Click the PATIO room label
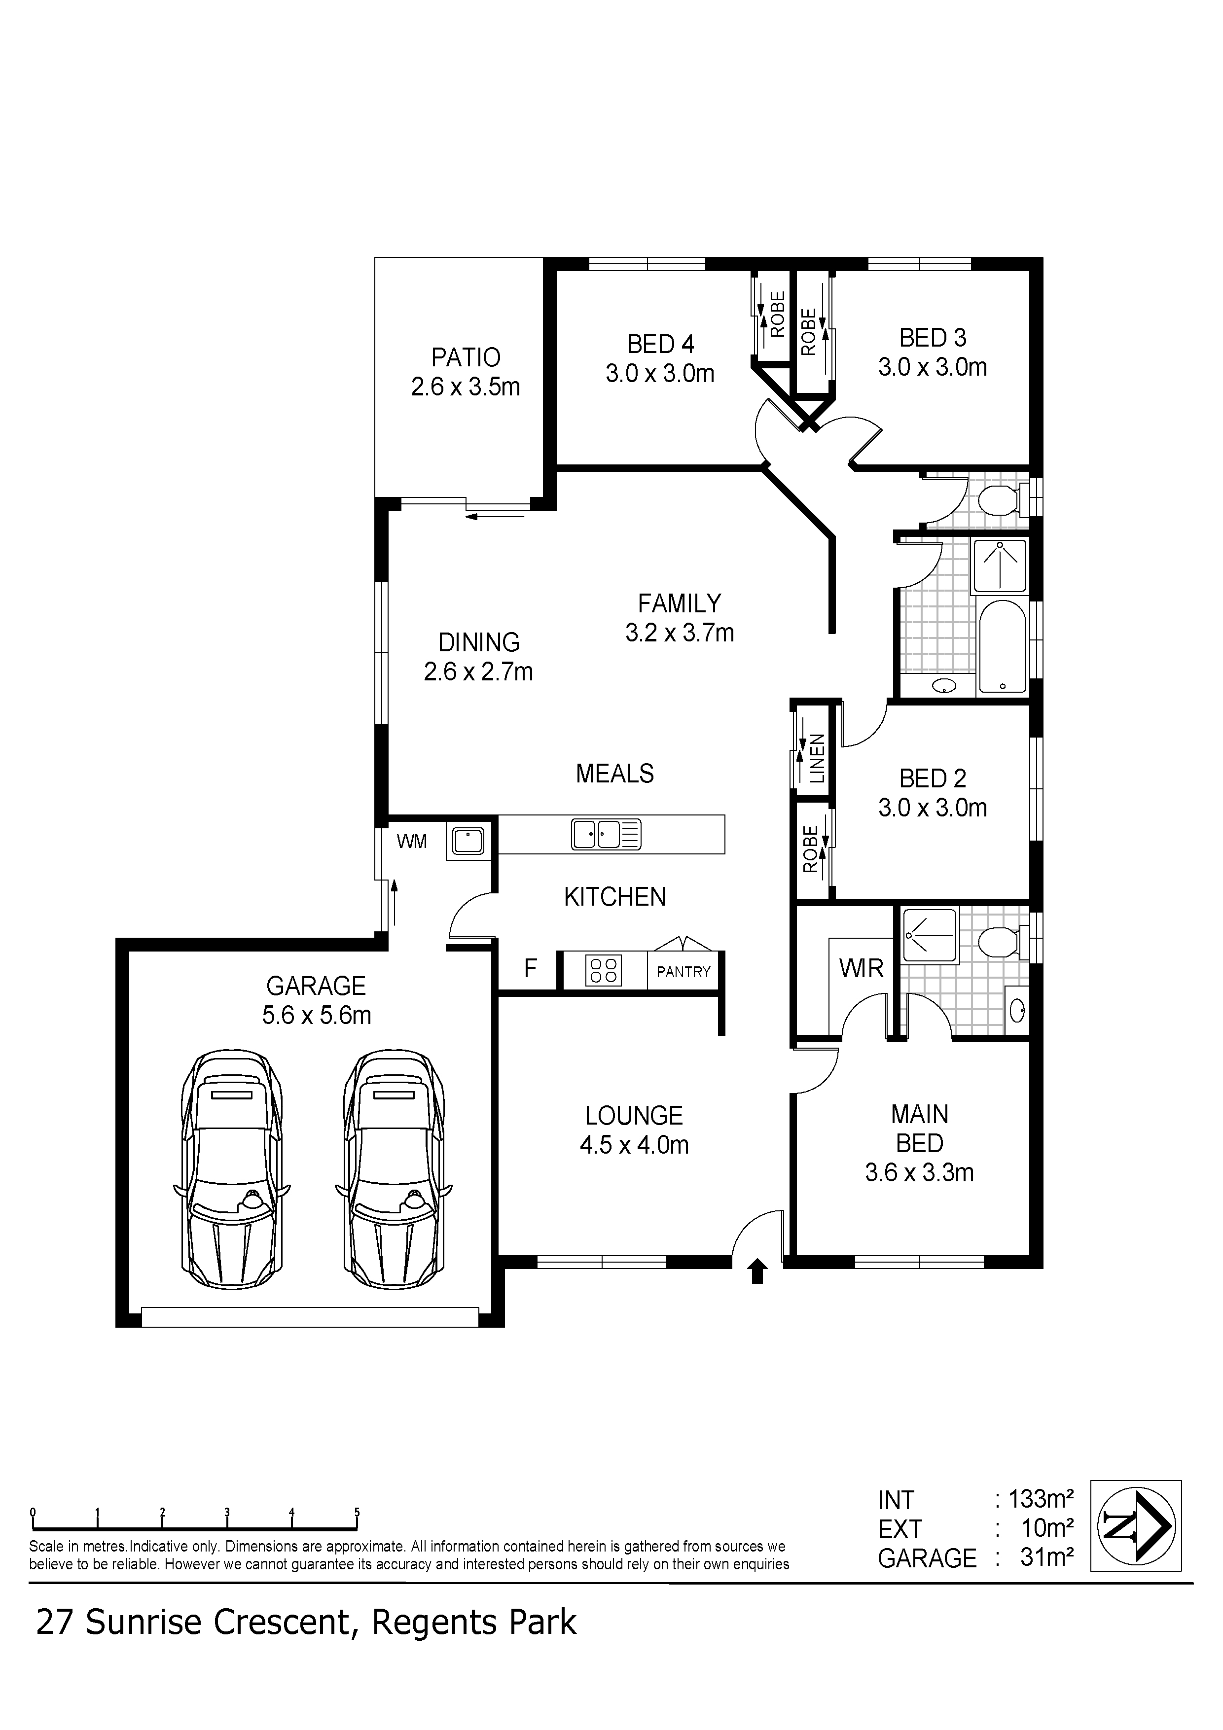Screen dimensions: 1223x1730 coord(466,357)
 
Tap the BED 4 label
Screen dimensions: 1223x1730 coord(660,344)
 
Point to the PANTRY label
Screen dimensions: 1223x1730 coord(683,972)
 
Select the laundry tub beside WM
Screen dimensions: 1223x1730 coord(468,840)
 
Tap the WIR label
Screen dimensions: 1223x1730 coord(862,968)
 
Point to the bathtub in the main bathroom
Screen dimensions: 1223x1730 coord(1002,646)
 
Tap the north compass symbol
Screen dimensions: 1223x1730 coord(1136,1526)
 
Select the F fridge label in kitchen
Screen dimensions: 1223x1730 coord(531,968)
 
